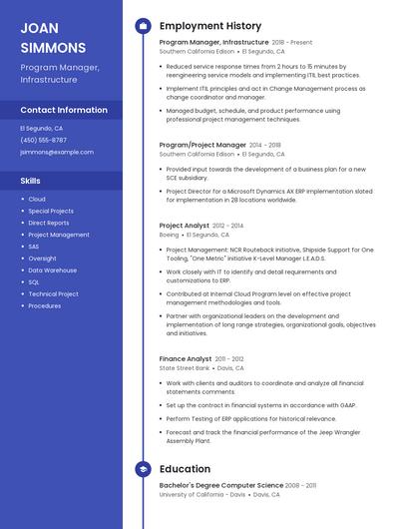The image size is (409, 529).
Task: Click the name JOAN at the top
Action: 38,27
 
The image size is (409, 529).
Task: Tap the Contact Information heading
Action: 64,110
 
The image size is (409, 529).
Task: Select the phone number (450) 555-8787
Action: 43,140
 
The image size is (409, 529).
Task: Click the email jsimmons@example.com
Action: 57,152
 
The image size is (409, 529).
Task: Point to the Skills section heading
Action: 30,182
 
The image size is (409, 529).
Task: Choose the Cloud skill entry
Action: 37,200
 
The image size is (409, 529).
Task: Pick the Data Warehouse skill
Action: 52,270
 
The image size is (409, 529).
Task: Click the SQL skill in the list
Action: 34,282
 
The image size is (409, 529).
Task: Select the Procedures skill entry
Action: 45,305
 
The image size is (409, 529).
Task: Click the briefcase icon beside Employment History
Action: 142,26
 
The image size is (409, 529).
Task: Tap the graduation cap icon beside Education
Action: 142,469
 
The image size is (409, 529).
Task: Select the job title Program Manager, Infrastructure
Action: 213,43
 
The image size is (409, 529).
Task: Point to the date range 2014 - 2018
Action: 264,145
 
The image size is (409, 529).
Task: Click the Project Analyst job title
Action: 185,226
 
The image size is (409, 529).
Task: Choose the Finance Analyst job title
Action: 186,358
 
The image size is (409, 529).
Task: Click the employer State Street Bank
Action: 185,368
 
